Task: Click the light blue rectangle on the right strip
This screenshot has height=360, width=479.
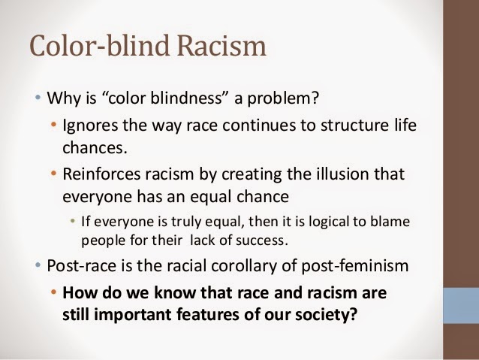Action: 460,301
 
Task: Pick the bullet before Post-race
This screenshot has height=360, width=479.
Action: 38,265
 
